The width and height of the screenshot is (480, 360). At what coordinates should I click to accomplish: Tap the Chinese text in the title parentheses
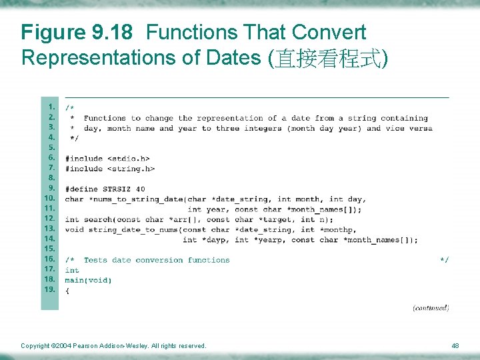coord(327,58)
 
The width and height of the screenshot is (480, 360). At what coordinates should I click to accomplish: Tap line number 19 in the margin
coord(50,289)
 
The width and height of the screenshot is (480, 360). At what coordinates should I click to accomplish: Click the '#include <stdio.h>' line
coord(107,159)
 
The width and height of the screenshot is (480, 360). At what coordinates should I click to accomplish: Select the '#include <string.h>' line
coord(110,169)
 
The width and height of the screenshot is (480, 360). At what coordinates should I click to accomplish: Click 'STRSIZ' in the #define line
coord(117,189)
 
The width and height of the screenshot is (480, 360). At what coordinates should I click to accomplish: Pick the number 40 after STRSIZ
coord(140,189)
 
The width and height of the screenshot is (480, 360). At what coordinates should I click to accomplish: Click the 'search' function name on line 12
coord(98,219)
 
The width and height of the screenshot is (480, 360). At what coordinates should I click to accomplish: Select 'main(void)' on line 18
coord(88,281)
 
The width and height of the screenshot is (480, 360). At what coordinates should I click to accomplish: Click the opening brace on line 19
coord(67,291)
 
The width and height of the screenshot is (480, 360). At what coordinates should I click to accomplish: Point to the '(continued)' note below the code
coord(431,307)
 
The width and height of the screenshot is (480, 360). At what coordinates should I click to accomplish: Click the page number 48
coord(455,345)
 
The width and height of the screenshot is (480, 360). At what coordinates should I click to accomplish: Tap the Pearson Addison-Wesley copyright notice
coord(113,345)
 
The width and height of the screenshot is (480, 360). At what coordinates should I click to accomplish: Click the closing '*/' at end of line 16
coord(444,260)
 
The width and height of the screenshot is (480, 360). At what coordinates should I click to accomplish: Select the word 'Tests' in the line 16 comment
coord(95,260)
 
